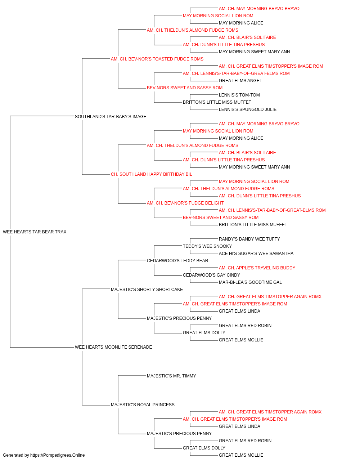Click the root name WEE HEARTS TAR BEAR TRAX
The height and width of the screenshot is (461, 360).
click(35, 232)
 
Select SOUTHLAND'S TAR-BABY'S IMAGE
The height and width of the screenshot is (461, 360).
click(111, 116)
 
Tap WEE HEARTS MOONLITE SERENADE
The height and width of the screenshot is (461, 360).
click(113, 347)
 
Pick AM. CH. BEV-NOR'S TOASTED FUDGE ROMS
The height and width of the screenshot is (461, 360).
click(157, 59)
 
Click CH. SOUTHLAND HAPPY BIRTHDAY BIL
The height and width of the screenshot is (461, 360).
click(151, 174)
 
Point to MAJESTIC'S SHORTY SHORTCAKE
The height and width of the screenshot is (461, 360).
click(147, 289)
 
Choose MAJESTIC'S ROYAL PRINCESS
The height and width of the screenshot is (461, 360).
click(143, 404)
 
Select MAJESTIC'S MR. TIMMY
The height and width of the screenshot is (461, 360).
click(171, 376)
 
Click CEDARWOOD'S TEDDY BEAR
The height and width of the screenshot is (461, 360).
click(177, 260)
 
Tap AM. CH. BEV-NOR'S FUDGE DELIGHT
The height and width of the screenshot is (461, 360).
click(185, 203)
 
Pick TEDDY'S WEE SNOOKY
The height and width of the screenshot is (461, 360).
click(207, 246)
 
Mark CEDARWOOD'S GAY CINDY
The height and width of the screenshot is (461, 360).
click(211, 275)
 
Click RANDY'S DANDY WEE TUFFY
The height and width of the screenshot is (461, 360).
click(249, 239)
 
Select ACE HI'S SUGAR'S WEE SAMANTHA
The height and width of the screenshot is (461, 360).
click(256, 253)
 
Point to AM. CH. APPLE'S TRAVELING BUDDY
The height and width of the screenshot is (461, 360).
click(257, 268)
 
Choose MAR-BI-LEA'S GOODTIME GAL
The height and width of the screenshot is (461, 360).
click(250, 282)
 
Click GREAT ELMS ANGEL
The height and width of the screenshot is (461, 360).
click(240, 81)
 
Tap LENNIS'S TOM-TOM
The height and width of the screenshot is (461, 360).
click(239, 95)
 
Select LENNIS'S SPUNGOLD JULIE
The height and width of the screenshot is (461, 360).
click(248, 109)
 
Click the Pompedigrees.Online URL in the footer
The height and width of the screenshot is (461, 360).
click(58, 455)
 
